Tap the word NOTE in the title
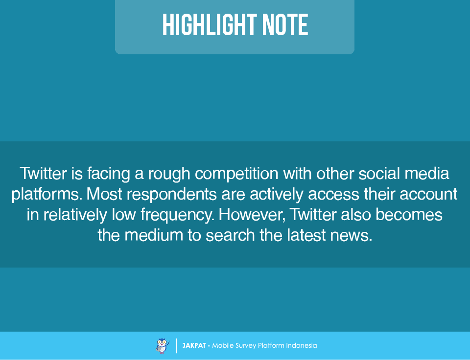pyautogui.click(x=285, y=25)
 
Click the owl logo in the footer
pyautogui.click(x=163, y=346)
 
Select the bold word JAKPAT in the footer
pyautogui.click(x=194, y=346)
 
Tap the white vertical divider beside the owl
pyautogui.click(x=176, y=346)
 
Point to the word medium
pyautogui.click(x=154, y=235)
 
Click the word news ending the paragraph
pyautogui.click(x=351, y=235)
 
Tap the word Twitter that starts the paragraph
pyautogui.click(x=43, y=174)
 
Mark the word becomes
pyautogui.click(x=409, y=215)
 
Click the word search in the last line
pyautogui.click(x=230, y=235)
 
